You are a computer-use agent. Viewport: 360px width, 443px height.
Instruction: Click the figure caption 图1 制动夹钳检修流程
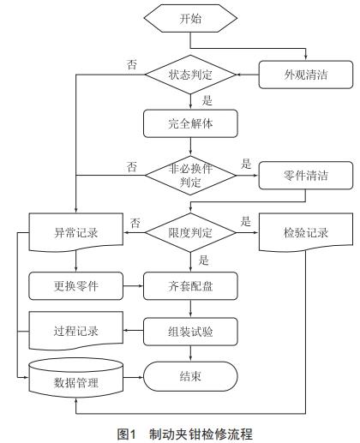point(180,433)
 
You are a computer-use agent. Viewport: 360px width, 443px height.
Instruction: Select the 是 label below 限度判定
point(203,260)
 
